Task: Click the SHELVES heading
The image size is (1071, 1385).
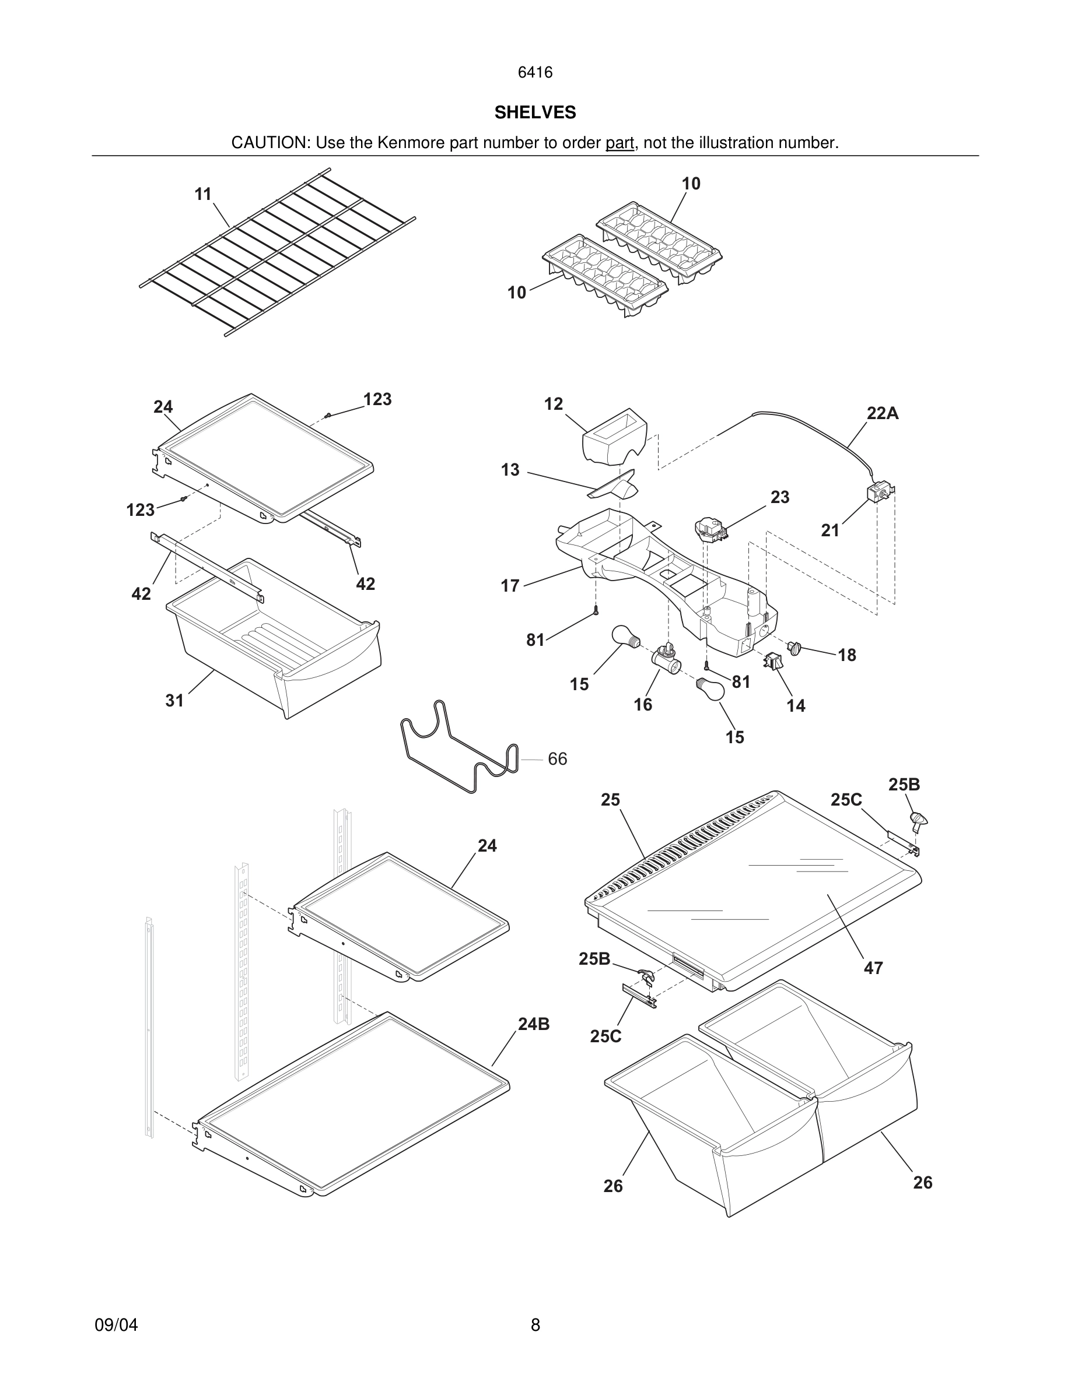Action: (535, 113)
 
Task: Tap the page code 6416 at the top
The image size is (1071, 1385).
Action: (535, 72)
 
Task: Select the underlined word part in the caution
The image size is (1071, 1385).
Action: (619, 143)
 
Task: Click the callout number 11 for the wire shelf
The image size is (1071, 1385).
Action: (202, 194)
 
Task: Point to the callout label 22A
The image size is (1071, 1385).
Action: (883, 413)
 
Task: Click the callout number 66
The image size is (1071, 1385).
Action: (557, 759)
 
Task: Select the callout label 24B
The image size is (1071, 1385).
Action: (534, 1024)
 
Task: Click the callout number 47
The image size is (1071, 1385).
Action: (873, 968)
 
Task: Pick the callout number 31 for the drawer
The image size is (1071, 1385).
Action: (174, 700)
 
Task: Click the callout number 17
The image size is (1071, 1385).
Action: (510, 585)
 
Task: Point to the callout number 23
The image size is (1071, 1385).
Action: (780, 497)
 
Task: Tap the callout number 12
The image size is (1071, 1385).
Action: (553, 404)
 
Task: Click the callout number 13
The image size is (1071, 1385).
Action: (510, 470)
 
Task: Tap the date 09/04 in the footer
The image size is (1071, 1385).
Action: (116, 1325)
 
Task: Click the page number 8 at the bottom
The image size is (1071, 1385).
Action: (535, 1325)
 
